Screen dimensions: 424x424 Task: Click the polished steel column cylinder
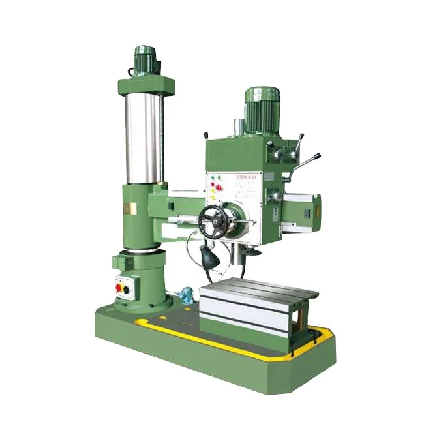(x=144, y=137)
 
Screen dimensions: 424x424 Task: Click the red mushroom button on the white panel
(x=219, y=188)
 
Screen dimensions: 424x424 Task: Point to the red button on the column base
(x=119, y=288)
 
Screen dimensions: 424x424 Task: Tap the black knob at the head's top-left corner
(x=207, y=136)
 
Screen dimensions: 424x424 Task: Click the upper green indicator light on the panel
(x=211, y=178)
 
